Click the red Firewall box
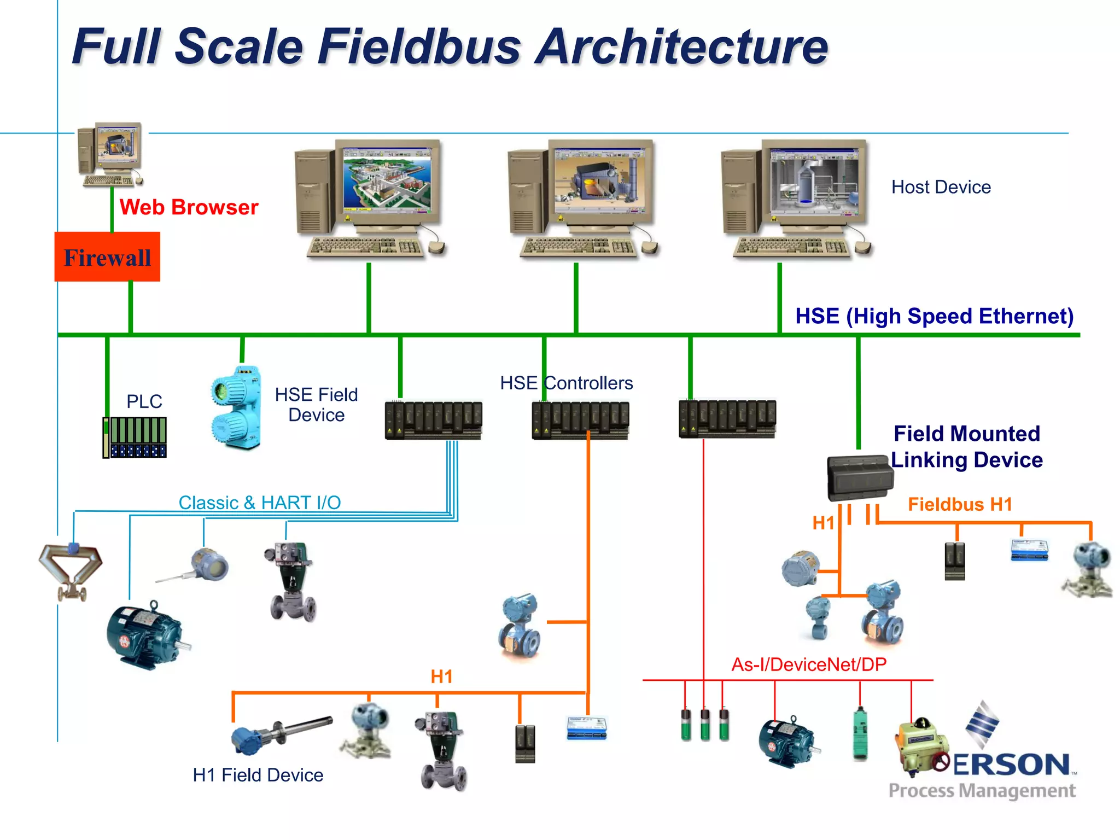point(107,256)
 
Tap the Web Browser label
point(189,207)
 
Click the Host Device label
point(941,187)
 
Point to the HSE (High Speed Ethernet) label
point(934,316)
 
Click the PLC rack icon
point(135,437)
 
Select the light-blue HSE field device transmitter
point(236,407)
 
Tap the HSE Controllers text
point(566,383)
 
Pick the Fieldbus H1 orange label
point(960,504)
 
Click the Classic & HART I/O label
point(260,502)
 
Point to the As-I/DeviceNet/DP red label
point(809,664)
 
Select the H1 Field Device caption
point(258,775)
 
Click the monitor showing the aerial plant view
point(387,180)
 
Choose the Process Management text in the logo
point(982,791)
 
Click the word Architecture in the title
point(681,46)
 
